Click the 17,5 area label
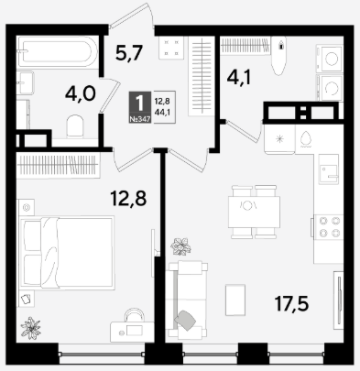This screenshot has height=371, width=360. tap(291, 304)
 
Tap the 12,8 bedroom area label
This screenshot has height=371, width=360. tap(128, 198)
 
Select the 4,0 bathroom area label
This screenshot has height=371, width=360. tap(81, 93)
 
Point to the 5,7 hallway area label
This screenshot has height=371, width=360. tap(129, 52)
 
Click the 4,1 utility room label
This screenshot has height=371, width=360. tap(239, 78)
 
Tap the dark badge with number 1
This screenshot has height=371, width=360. tap(140, 107)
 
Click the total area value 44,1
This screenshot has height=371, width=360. tap(162, 113)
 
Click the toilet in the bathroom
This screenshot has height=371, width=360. tap(75, 126)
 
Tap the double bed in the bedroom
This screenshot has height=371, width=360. tap(67, 252)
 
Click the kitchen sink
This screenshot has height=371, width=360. tap(329, 169)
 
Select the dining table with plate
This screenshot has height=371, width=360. tap(254, 213)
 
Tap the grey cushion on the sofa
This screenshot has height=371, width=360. tap(185, 320)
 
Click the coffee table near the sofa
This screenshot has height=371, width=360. tap(235, 300)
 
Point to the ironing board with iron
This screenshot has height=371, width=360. tap(279, 56)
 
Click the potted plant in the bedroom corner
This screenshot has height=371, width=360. tap(30, 328)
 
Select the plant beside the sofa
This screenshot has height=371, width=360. tap(180, 246)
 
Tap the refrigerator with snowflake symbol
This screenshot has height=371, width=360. tap(279, 139)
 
